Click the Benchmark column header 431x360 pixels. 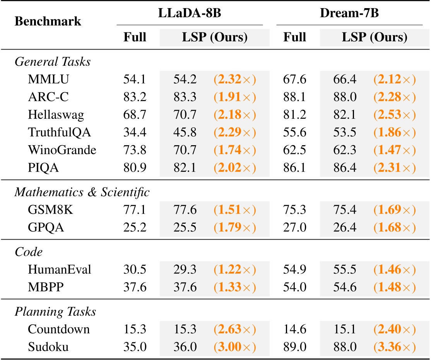tap(48, 21)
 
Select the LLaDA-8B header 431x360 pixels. tap(190, 13)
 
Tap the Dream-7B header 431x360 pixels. tap(349, 13)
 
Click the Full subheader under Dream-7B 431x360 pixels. tap(295, 37)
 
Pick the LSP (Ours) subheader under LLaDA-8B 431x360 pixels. tap(215, 37)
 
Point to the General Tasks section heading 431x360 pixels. tap(53, 62)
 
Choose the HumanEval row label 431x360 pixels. tap(60, 269)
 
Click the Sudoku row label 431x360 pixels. tap(48, 347)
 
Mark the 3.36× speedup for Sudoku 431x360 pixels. tap(394, 347)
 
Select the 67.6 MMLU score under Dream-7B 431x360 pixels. tap(295, 79)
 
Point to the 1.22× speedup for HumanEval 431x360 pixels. tap(234, 269)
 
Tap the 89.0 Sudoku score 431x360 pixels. tap(295, 347)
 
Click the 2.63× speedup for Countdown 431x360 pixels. tap(234, 329)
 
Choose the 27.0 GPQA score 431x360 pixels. tap(295, 227)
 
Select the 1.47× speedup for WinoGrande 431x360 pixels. tap(394, 150)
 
